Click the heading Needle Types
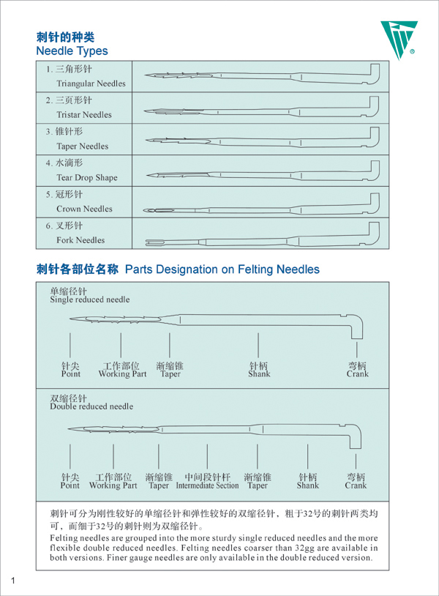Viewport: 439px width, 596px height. pos(72,51)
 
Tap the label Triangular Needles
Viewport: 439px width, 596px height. pos(91,83)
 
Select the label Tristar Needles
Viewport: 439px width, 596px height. pos(84,115)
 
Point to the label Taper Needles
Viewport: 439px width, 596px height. pos(83,146)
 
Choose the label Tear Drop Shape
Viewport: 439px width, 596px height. pos(87,177)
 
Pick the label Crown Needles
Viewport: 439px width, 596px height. pos(84,209)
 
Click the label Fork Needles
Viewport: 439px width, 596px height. pos(80,240)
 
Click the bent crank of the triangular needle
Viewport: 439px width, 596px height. pos(375,73)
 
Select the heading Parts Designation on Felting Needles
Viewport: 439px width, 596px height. pos(222,269)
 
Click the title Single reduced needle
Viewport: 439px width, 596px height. pos(89,299)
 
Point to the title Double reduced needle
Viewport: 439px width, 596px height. pos(91,406)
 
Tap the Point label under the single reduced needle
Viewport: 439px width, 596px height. pos(71,374)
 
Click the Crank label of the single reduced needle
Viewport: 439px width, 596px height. pos(357,374)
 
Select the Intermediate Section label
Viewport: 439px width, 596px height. pos(207,485)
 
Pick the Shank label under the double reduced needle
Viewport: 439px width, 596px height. pos(308,485)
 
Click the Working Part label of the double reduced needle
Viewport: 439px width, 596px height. pos(113,485)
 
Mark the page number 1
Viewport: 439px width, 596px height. pos(13,581)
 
